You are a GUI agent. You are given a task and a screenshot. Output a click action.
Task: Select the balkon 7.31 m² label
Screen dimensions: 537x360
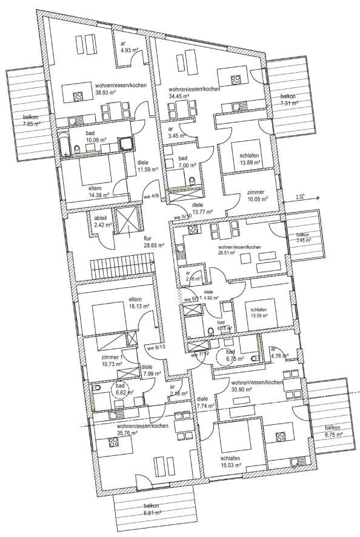(289, 100)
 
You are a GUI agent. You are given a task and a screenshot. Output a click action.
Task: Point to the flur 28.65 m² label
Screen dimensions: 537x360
(151, 242)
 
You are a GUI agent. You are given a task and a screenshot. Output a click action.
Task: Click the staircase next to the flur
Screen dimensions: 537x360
(121, 265)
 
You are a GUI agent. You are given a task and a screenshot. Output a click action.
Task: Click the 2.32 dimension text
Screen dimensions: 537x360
(300, 196)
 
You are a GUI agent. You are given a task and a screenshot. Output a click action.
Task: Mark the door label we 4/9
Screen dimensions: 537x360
(151, 196)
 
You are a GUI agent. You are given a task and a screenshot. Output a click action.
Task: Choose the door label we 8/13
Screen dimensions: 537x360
(155, 348)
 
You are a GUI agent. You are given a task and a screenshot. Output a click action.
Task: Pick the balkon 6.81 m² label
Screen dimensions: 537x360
(152, 509)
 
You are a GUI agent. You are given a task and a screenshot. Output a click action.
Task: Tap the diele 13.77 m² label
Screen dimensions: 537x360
(204, 209)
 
